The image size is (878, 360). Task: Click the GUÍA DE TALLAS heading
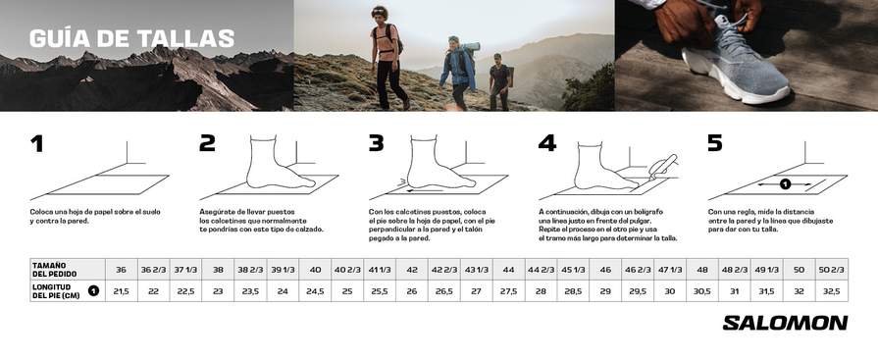(131, 38)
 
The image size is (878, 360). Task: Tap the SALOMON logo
(785, 323)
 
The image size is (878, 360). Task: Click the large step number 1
(37, 144)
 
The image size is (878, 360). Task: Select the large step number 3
(377, 144)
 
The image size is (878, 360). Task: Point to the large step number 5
(714, 144)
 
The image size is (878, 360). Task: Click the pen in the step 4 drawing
(663, 167)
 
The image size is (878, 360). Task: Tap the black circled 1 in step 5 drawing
(785, 183)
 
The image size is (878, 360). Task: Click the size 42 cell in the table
(412, 270)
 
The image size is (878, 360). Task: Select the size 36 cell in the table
(121, 270)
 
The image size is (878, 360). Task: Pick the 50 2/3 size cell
(832, 270)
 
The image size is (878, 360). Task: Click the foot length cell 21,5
(121, 291)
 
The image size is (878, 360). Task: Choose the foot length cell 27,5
(508, 291)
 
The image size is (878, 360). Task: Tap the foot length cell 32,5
(832, 291)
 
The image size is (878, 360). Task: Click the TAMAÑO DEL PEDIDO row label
(54, 270)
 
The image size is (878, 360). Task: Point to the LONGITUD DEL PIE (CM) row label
(56, 291)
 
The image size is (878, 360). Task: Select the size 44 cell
(508, 270)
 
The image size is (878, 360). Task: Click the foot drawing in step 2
(278, 162)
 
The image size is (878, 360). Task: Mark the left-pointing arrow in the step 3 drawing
(421, 190)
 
